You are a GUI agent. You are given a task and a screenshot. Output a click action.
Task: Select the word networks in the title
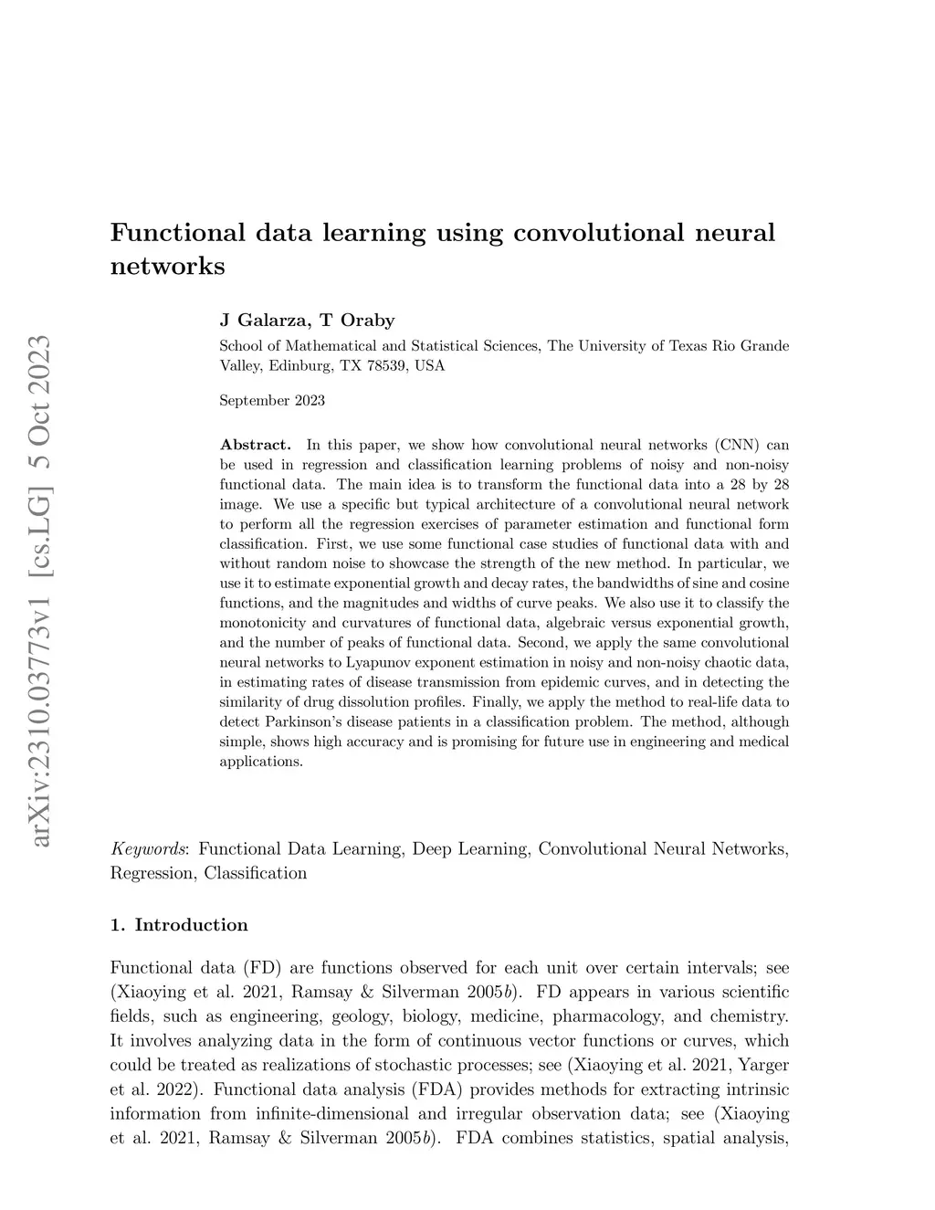tap(167, 267)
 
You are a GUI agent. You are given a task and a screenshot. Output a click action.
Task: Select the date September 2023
tap(272, 400)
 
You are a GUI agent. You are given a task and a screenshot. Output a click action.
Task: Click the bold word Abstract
tap(255, 445)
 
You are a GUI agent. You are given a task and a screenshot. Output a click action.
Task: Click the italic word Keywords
tap(150, 849)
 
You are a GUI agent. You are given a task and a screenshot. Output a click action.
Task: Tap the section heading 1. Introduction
tap(179, 925)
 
